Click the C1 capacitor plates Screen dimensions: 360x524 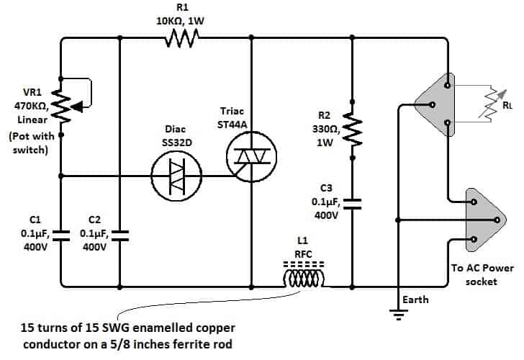pyautogui.click(x=61, y=233)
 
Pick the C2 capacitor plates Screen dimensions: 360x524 pyautogui.click(x=119, y=233)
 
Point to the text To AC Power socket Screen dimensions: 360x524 pyautogui.click(x=482, y=274)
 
